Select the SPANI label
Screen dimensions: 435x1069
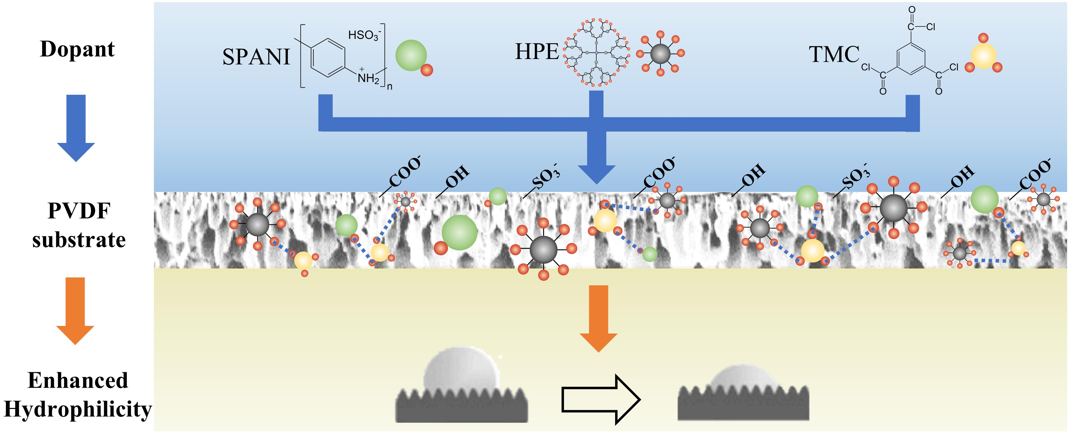click(x=256, y=57)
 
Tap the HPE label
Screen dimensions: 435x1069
click(x=537, y=52)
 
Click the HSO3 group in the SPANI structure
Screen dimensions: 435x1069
click(x=364, y=35)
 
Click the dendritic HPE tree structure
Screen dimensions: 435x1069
click(x=596, y=53)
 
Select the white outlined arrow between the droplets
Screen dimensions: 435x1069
click(x=601, y=400)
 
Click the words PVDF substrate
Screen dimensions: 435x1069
click(x=79, y=225)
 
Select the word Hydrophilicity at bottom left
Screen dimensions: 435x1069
click(x=78, y=409)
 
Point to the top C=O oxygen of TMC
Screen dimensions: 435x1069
click(x=912, y=9)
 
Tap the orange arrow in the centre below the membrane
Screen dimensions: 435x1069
click(x=598, y=318)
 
